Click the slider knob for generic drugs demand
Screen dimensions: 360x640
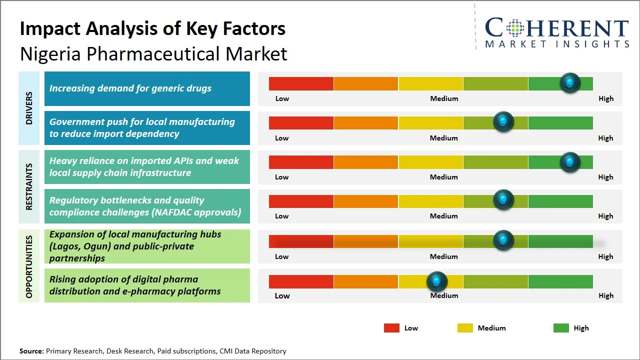569,83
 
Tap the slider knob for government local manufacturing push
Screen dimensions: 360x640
503,122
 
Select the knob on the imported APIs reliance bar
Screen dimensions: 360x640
569,162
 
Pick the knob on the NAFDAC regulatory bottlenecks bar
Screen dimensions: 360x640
503,200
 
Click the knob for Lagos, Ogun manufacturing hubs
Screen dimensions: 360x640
503,240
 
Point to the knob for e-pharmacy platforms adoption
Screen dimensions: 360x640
437,281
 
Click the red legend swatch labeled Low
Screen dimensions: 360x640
391,328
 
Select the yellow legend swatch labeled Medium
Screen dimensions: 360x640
465,328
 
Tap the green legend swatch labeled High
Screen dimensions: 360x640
561,328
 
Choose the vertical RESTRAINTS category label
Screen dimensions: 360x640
29,186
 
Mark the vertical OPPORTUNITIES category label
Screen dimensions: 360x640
29,267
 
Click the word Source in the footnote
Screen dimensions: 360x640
31,351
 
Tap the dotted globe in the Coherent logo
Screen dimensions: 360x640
514,28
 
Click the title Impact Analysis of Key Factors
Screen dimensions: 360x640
152,28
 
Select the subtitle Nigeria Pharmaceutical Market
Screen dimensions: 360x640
153,54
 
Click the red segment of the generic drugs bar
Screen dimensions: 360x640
301,83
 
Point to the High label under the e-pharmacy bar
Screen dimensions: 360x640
606,295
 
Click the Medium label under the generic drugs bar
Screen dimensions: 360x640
444,98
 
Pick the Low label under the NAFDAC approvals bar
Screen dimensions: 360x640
282,216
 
